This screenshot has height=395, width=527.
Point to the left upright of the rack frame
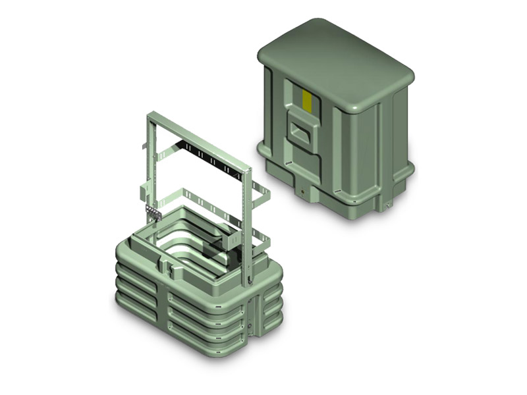148,165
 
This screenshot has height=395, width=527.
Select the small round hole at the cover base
302,193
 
